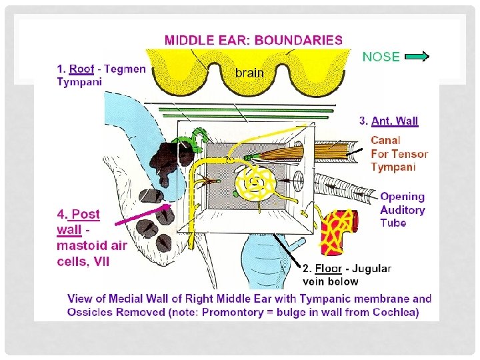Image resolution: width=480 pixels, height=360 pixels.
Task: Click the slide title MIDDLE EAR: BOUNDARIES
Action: point(253,39)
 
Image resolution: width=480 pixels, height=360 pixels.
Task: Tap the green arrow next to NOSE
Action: point(417,57)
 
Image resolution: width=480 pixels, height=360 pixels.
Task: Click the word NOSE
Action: point(381,57)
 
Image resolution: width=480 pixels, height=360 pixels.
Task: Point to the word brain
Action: point(249,72)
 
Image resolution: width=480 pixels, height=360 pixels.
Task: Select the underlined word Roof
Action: point(81,69)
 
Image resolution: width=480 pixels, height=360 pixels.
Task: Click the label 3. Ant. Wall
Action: point(389,121)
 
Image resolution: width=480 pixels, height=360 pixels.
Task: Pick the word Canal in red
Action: point(385,140)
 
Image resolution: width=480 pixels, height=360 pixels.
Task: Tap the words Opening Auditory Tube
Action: point(402,209)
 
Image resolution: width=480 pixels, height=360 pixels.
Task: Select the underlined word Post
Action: point(85,214)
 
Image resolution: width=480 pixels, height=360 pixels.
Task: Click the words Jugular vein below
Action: point(347,275)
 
